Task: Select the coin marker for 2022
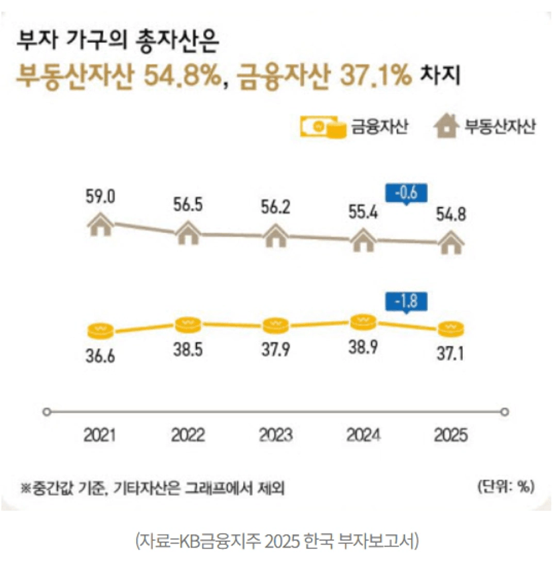point(188,325)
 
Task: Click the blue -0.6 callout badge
point(405,194)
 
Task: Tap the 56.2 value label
point(275,206)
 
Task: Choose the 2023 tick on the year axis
point(275,434)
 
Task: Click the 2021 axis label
point(100,434)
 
